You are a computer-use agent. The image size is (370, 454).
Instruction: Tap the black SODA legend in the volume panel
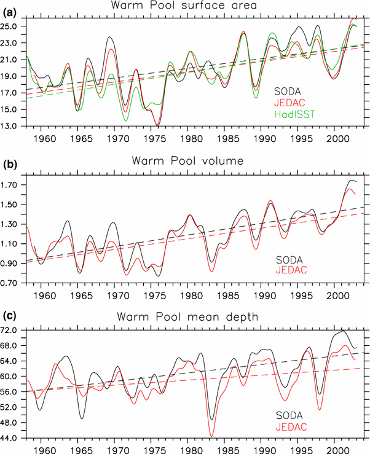click(x=294, y=259)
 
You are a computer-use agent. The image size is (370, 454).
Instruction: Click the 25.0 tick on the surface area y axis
click(x=13, y=27)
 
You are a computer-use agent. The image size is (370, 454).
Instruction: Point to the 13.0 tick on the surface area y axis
click(x=13, y=127)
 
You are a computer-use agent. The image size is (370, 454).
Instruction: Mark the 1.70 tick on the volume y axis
click(x=13, y=185)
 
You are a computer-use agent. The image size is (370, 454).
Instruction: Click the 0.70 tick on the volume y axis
click(x=13, y=284)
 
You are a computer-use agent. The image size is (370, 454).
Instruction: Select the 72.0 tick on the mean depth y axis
click(x=13, y=331)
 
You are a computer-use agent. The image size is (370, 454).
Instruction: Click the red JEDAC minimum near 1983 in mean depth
click(x=212, y=436)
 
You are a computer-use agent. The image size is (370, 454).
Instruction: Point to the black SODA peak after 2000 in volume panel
click(x=351, y=180)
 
